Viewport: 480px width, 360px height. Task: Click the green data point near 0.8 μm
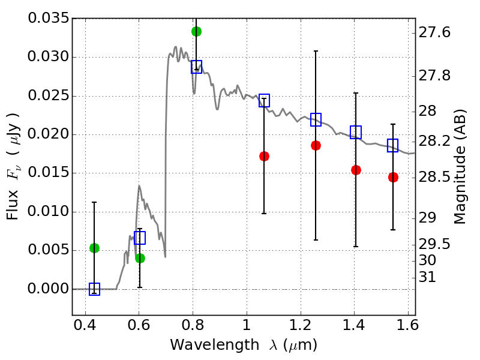click(x=196, y=31)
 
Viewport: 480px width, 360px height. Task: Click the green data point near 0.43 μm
click(x=94, y=248)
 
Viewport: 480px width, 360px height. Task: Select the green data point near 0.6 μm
click(x=140, y=258)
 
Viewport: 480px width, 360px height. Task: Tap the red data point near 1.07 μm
click(x=264, y=156)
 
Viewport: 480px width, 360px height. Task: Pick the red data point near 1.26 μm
click(x=316, y=145)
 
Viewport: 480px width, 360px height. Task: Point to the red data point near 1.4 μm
click(x=356, y=170)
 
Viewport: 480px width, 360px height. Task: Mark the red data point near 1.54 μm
click(x=393, y=177)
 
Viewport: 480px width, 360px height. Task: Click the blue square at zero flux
click(x=94, y=289)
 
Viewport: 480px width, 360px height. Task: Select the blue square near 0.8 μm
click(x=196, y=67)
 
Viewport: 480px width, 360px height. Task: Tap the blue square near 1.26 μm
click(x=316, y=119)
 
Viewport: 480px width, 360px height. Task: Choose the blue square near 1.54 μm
click(x=393, y=145)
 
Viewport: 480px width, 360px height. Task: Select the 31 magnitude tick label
click(x=428, y=278)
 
